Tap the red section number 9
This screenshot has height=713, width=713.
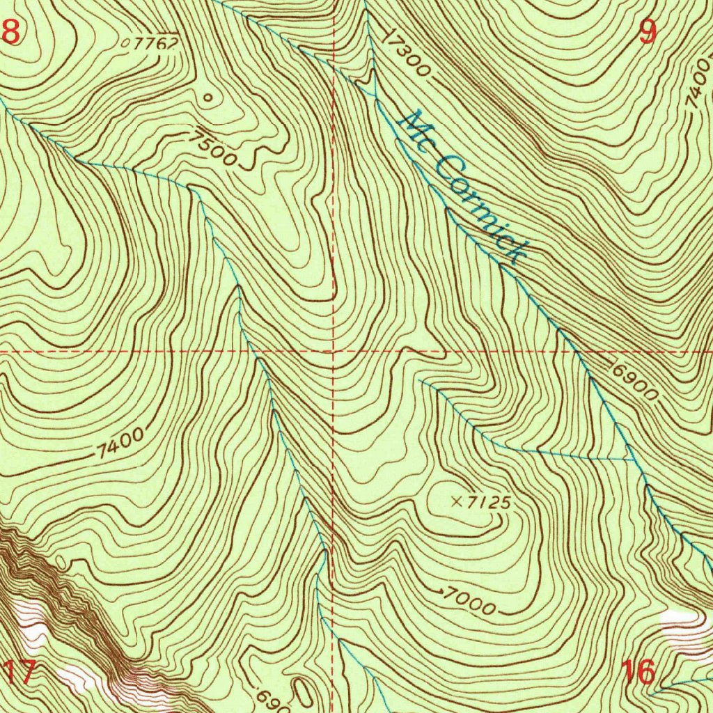(x=648, y=32)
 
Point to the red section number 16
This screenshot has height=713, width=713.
(x=638, y=673)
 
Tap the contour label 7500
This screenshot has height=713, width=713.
(x=216, y=148)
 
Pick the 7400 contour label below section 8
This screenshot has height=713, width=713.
(x=120, y=444)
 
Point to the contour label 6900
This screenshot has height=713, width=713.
(x=634, y=382)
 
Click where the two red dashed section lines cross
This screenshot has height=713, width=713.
(x=334, y=352)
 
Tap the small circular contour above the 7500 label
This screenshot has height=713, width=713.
(x=207, y=98)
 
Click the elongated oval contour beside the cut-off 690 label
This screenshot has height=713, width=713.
(x=304, y=692)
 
